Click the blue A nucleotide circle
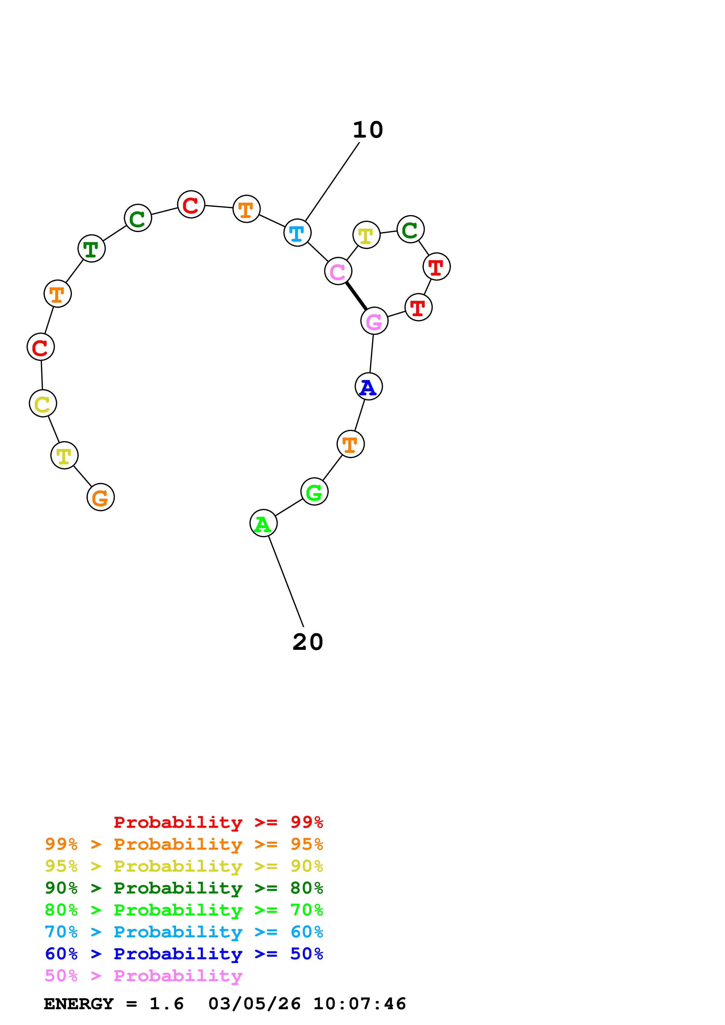368,386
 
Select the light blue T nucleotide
297,233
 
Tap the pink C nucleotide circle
338,271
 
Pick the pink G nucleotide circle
374,321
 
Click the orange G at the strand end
101,497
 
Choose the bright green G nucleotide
314,491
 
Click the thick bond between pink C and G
356,295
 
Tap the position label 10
368,130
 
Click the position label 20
308,642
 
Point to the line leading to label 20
286,581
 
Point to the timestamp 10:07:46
360,1004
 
